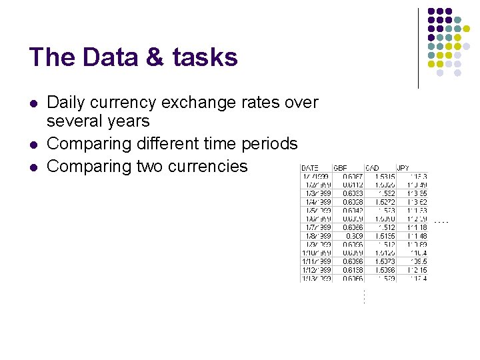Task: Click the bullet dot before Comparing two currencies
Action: [x=33, y=167]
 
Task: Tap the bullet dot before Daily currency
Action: [x=33, y=103]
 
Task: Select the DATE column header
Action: [x=310, y=168]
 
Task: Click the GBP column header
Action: [x=340, y=168]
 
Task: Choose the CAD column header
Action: [x=373, y=168]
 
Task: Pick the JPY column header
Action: [x=403, y=168]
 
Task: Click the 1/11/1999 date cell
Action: [x=317, y=262]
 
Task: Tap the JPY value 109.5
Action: [x=419, y=262]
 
